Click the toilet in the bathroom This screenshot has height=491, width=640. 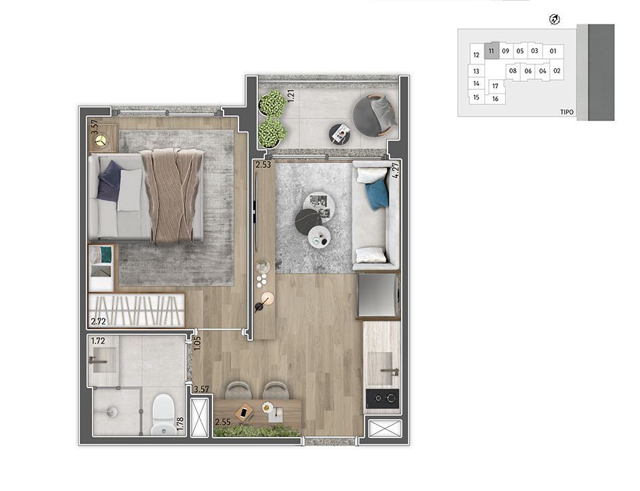164,414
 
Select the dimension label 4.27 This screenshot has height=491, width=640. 395,170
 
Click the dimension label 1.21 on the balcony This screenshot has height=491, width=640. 291,95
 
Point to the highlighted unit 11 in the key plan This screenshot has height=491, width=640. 491,51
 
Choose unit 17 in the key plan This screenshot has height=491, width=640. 495,86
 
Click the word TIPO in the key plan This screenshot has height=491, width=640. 567,112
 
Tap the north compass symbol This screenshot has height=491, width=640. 555,19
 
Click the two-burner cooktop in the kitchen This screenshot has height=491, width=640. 383,398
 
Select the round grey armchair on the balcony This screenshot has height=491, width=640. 375,114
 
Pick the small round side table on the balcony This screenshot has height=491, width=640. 340,133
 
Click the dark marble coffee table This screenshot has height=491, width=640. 309,221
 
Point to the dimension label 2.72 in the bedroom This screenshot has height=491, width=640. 98,321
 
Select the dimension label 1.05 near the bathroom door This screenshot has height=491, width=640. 198,343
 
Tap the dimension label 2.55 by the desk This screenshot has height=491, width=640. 223,423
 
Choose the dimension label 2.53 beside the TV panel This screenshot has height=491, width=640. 263,165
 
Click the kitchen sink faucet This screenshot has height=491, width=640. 390,372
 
